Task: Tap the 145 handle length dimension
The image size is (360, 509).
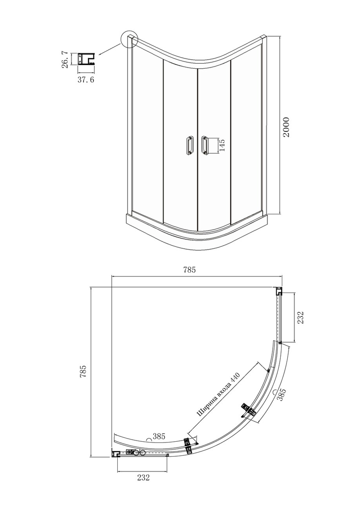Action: point(222,145)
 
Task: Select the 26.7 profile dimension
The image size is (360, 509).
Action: point(65,60)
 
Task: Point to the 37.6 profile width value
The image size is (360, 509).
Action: point(86,80)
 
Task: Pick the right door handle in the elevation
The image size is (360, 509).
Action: point(204,145)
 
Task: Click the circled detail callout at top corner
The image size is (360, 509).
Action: point(129,39)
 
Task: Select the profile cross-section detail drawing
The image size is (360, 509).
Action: point(86,59)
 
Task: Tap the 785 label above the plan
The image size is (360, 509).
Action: point(189,270)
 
